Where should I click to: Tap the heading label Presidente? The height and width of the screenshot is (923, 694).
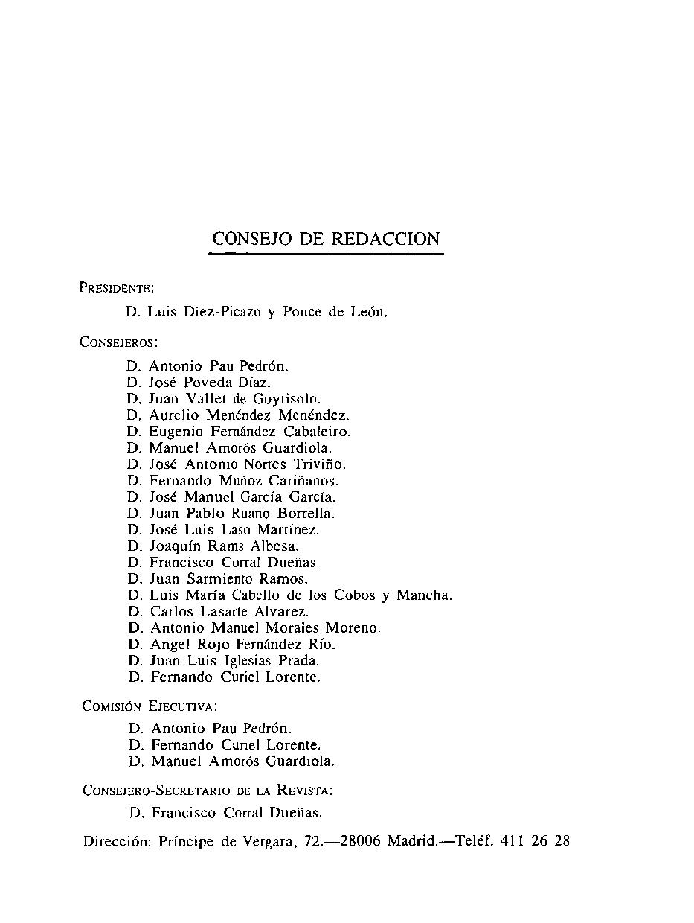point(116,287)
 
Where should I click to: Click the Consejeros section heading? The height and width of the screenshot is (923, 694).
point(118,342)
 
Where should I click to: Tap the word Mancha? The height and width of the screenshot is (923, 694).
point(423,595)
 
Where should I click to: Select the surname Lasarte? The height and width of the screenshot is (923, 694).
point(215,612)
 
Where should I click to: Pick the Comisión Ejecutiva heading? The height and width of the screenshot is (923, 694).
point(150,706)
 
